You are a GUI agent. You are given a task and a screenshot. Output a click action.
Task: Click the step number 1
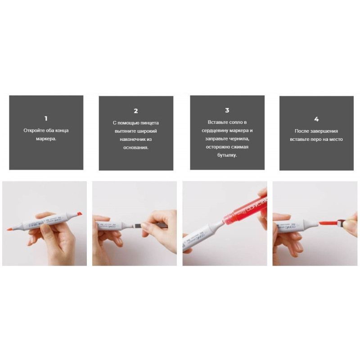tap(46, 118)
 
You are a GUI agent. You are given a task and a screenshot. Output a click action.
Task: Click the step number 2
tap(136, 111)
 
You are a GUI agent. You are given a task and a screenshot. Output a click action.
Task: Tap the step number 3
tap(227, 110)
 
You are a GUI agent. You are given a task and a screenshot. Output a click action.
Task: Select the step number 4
tap(316, 119)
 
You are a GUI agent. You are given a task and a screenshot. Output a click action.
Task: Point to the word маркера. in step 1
tap(46, 139)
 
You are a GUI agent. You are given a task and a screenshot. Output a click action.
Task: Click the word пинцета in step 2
tap(149, 123)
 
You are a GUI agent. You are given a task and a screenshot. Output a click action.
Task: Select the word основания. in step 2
tap(136, 148)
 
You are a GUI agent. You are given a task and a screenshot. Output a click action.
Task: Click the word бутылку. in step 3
tap(227, 155)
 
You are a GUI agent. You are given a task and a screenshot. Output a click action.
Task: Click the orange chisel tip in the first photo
tap(79, 214)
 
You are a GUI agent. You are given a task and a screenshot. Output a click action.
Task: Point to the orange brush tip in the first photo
tap(9, 229)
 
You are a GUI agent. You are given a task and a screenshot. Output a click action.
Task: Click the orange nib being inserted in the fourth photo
tap(328, 222)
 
